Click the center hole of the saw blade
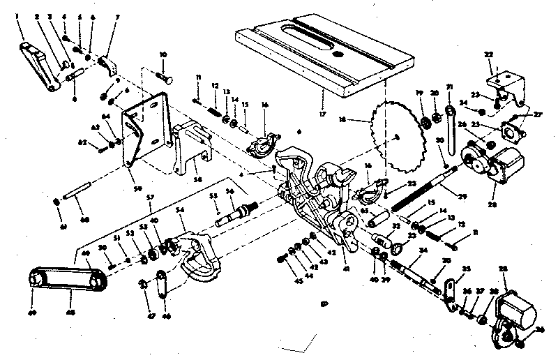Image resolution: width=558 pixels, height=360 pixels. click(x=395, y=139)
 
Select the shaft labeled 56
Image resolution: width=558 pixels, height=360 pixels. click(x=237, y=212)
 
